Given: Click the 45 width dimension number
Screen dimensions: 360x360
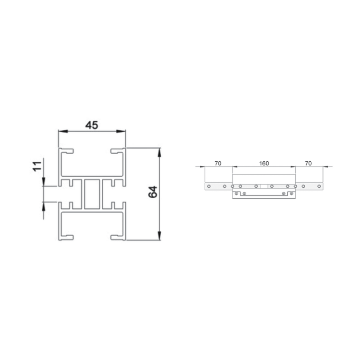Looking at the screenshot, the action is pos(92,125).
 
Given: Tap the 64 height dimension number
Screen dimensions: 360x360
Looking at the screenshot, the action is pos(153,192).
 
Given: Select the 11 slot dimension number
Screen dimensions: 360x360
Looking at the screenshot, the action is pos(37,166).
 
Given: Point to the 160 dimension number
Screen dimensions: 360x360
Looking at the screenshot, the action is pos(264,163).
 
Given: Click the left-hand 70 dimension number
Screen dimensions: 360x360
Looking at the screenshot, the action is pos(218,163).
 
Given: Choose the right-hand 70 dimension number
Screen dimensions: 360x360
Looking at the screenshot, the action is pos(308,163).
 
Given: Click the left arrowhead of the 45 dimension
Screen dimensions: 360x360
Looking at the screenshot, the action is pos(63,131).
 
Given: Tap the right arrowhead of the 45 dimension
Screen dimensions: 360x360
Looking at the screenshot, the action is pos(121,131).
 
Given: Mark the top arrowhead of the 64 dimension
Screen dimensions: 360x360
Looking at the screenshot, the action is pos(159,153).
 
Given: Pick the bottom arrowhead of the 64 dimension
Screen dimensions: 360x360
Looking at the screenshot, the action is pos(159,236).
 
